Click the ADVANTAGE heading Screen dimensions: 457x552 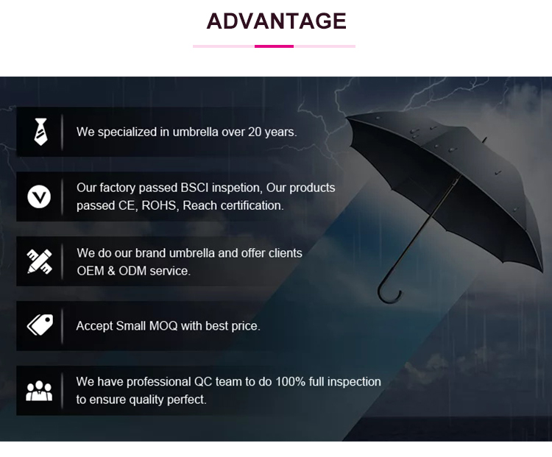click(276, 21)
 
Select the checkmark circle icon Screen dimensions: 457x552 click(39, 196)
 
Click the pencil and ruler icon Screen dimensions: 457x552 click(39, 261)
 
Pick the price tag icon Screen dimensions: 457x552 click(39, 325)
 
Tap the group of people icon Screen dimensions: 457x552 click(39, 391)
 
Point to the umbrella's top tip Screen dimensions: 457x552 click(484, 138)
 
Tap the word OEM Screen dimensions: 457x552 click(91, 271)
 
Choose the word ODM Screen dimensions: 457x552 click(135, 271)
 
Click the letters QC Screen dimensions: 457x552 click(203, 382)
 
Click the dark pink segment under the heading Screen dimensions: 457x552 click(274, 46)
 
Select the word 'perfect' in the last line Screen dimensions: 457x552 click(186, 400)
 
